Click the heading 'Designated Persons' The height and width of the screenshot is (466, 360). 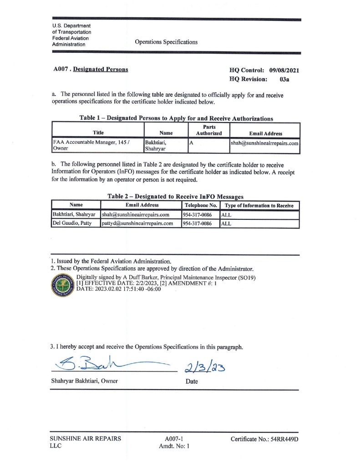(100, 70)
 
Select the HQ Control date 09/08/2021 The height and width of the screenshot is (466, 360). (284, 71)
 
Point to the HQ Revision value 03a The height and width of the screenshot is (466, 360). (284, 79)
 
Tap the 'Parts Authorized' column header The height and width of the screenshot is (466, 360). (209, 130)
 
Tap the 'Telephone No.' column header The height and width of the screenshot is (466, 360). (200, 206)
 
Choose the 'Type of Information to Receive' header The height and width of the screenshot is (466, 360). (259, 206)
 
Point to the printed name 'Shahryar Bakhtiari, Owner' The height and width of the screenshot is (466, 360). (84, 381)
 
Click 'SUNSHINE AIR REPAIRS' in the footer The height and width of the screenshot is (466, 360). (85, 439)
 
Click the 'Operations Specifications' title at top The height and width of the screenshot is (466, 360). (166, 42)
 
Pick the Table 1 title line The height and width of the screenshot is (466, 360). (176, 118)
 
